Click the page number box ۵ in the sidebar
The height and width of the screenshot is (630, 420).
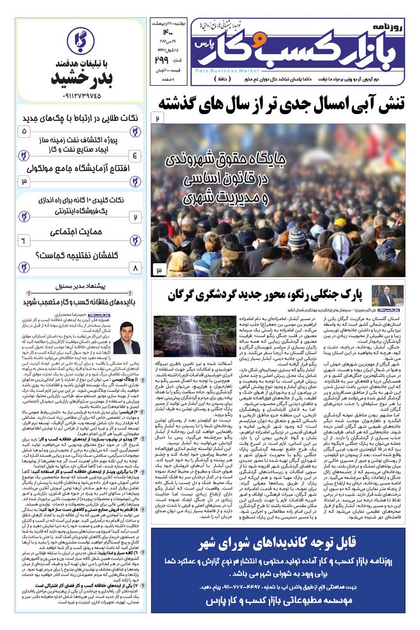pos(25,131)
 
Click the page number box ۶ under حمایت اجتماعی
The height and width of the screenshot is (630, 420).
pos(24,240)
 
